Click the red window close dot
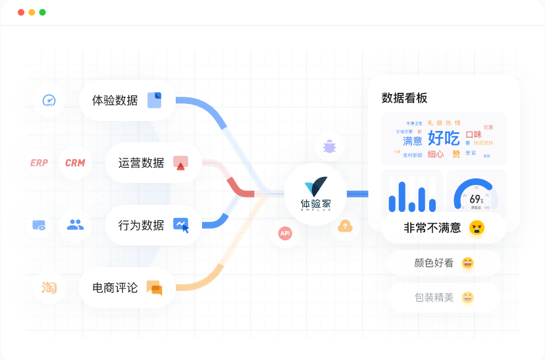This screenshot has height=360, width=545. (x=21, y=13)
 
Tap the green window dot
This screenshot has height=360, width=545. (x=42, y=13)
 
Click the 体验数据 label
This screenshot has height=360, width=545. (x=115, y=101)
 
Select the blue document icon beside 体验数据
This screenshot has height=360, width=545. (x=154, y=100)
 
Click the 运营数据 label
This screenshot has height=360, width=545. (x=142, y=163)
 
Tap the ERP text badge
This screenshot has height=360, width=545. (x=39, y=163)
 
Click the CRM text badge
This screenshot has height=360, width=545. (x=75, y=163)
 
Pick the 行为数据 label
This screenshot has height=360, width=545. (x=142, y=225)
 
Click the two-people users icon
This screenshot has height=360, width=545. (x=76, y=225)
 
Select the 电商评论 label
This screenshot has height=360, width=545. (x=115, y=288)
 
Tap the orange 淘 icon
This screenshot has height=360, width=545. (x=49, y=288)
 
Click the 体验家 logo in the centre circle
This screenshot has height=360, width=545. (x=316, y=193)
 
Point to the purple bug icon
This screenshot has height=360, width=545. (x=329, y=146)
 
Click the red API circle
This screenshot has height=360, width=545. (x=285, y=233)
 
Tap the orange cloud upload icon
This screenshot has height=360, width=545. (x=346, y=226)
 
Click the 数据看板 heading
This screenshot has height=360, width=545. (x=404, y=98)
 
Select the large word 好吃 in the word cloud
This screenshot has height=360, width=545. (x=444, y=138)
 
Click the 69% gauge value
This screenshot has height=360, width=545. (x=476, y=199)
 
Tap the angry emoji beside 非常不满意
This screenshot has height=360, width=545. (x=477, y=228)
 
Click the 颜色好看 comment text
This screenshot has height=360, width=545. (x=434, y=263)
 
